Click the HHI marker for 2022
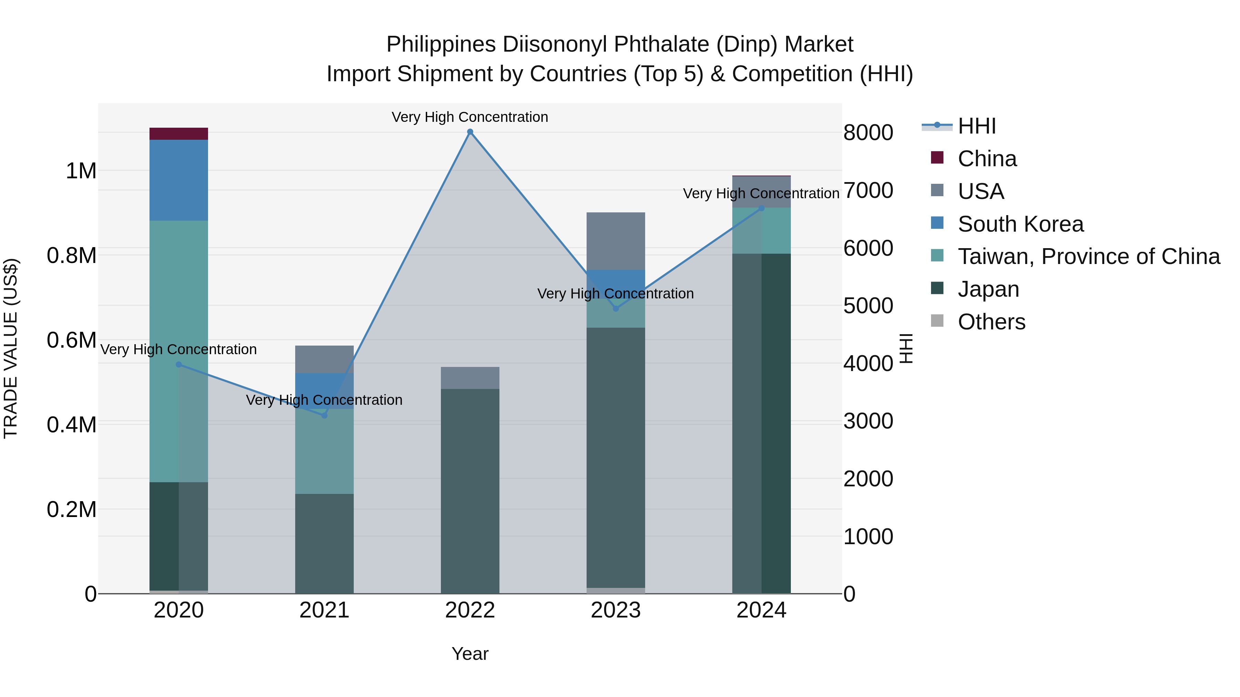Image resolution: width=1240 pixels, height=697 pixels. [470, 132]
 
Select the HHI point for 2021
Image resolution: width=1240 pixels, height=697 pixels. [324, 415]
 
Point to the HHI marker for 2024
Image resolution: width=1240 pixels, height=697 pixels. [762, 208]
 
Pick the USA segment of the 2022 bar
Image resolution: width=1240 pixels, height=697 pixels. [470, 378]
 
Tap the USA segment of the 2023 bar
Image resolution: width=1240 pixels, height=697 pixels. [616, 241]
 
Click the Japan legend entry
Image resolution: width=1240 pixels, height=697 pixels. [988, 289]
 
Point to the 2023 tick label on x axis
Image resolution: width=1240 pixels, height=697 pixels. [616, 610]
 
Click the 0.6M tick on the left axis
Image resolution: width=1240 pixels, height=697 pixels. [72, 340]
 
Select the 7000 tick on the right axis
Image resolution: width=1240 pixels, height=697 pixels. [868, 190]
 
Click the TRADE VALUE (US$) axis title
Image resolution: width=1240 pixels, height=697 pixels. [11, 348]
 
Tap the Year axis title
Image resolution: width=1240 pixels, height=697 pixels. [470, 654]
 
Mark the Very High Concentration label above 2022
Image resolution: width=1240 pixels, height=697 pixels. [470, 117]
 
